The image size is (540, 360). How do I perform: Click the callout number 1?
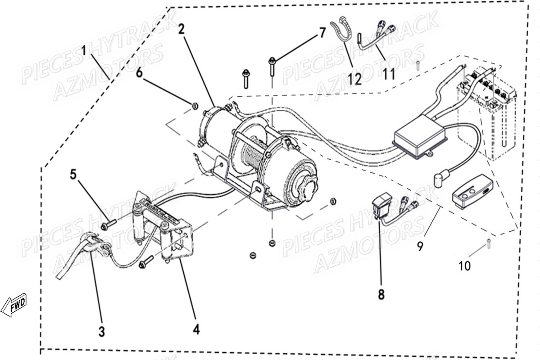point(83,50)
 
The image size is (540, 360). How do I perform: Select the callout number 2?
point(181,30)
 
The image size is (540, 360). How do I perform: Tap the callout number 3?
point(102,332)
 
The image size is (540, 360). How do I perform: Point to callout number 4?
point(196,330)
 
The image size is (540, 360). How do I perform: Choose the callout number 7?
point(322,32)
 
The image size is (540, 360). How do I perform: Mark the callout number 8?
point(381,295)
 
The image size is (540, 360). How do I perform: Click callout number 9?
point(420,247)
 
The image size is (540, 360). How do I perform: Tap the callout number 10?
point(464,265)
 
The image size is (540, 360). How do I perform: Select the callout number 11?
point(390,73)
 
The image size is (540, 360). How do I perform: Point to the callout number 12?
point(354,79)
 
